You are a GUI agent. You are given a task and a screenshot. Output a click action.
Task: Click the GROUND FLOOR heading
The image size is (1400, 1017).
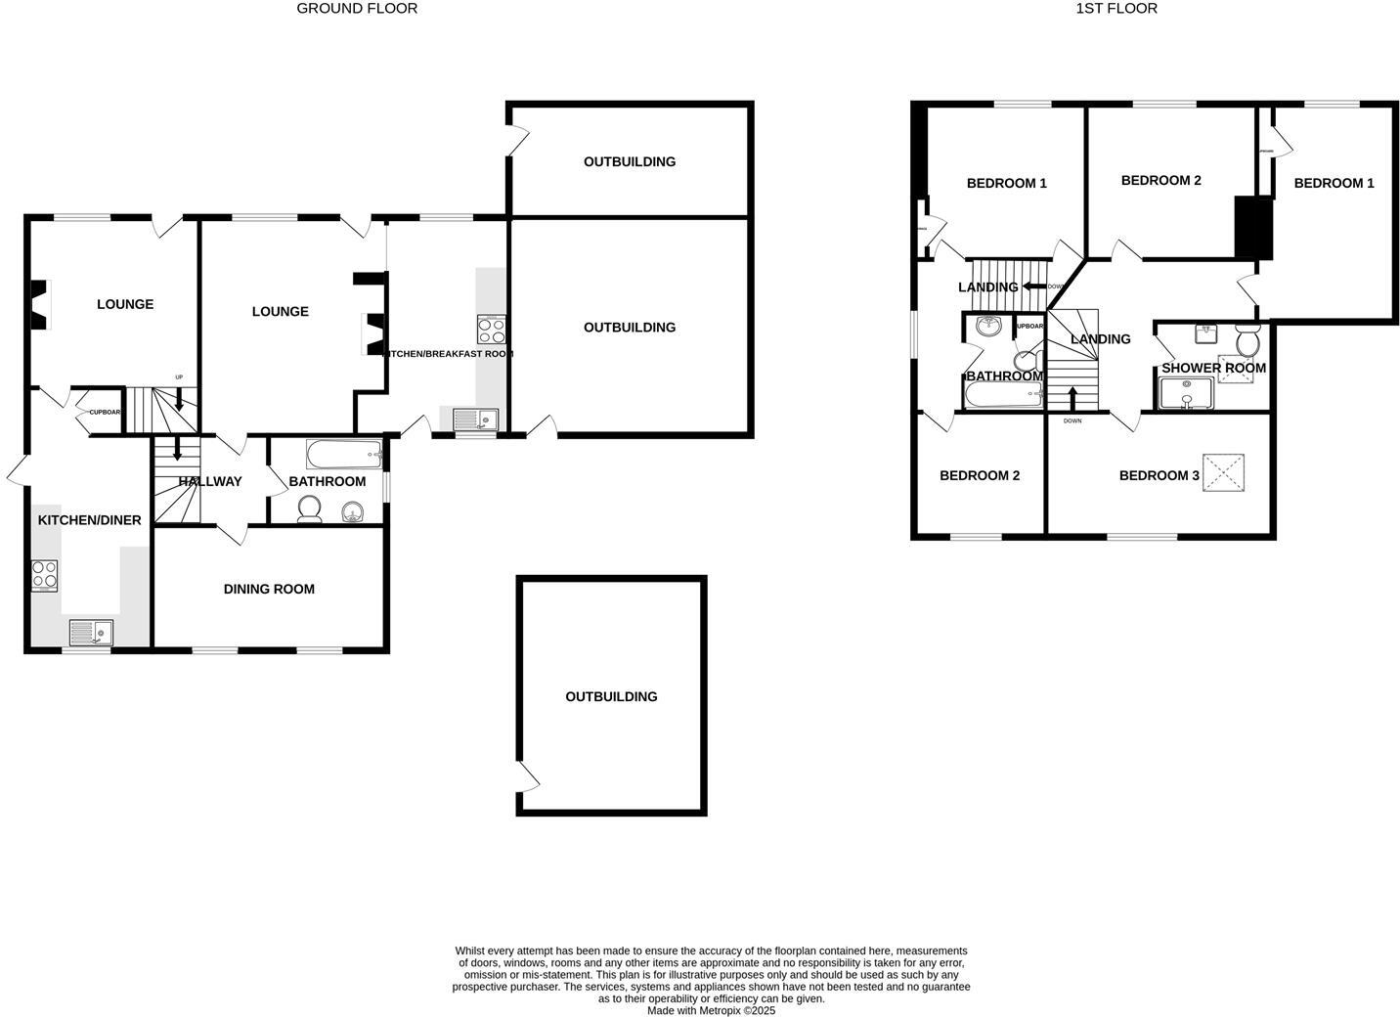357,9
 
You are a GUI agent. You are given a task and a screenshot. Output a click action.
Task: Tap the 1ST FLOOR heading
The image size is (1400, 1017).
1116,9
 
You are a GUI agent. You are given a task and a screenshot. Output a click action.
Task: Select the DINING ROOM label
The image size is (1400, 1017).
269,589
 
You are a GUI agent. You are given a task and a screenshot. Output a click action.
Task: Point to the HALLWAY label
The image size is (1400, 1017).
210,481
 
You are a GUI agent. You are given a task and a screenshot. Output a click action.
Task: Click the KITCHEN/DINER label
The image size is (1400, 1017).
90,520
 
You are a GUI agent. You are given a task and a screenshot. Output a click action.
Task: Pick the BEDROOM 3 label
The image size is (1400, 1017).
1159,475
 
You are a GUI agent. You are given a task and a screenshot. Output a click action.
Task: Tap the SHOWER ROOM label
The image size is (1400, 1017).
1213,369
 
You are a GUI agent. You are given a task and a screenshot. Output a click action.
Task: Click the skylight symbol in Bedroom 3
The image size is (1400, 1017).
1223,473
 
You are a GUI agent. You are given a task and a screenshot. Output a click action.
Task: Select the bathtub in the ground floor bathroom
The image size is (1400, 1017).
343,453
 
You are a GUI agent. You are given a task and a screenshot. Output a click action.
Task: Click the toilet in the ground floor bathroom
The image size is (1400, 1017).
310,508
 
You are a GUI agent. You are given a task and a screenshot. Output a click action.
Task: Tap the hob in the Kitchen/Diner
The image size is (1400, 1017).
44,575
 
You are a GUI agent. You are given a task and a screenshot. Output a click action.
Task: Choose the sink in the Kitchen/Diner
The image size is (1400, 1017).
91,632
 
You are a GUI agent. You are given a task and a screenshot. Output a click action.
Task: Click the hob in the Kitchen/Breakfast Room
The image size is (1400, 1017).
492,329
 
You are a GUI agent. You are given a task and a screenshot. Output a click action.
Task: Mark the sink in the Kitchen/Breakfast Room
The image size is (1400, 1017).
475,420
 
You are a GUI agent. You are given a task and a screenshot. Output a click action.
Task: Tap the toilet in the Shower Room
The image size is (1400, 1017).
1247,342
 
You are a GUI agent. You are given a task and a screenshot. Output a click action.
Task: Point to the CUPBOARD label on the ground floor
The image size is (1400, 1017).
105,413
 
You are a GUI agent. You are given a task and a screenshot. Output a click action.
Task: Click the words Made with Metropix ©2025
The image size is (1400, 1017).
711,1011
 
